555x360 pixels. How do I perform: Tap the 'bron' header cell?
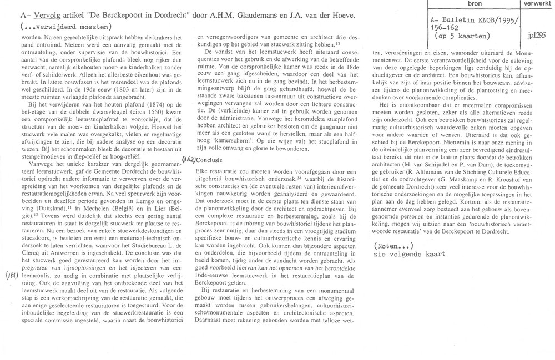475,4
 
